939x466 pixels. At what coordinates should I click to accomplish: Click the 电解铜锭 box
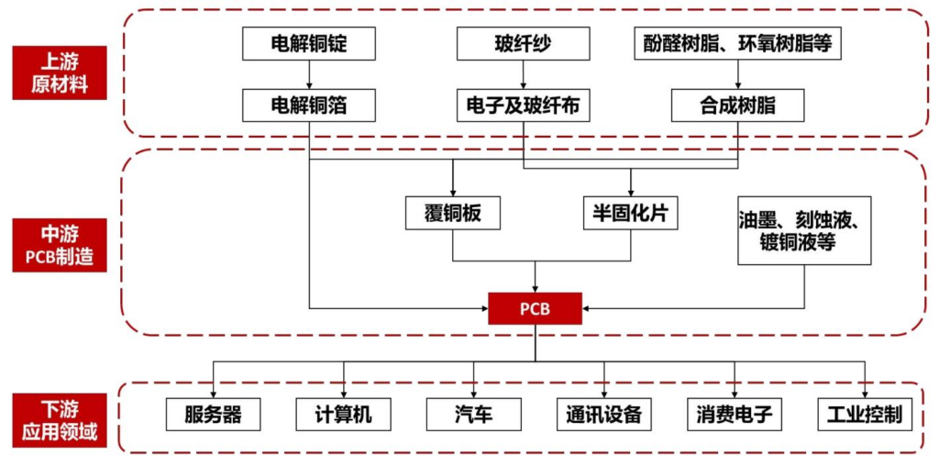309,43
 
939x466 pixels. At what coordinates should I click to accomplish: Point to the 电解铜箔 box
309,105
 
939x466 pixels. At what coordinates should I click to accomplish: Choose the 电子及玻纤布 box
523,105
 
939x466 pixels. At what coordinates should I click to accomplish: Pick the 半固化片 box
630,213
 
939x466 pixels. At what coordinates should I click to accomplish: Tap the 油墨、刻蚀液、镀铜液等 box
804,230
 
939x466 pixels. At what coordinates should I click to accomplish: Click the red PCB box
535,308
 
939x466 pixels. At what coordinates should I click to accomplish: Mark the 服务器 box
213,415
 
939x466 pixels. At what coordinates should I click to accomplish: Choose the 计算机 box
343,415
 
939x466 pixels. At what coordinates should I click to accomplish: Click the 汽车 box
473,415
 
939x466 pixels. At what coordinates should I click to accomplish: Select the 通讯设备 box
604,415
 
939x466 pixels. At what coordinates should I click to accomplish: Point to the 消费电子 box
735,415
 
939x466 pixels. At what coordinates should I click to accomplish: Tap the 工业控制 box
865,415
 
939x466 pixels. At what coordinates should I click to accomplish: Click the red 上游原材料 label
59,72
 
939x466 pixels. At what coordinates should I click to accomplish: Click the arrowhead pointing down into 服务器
213,393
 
